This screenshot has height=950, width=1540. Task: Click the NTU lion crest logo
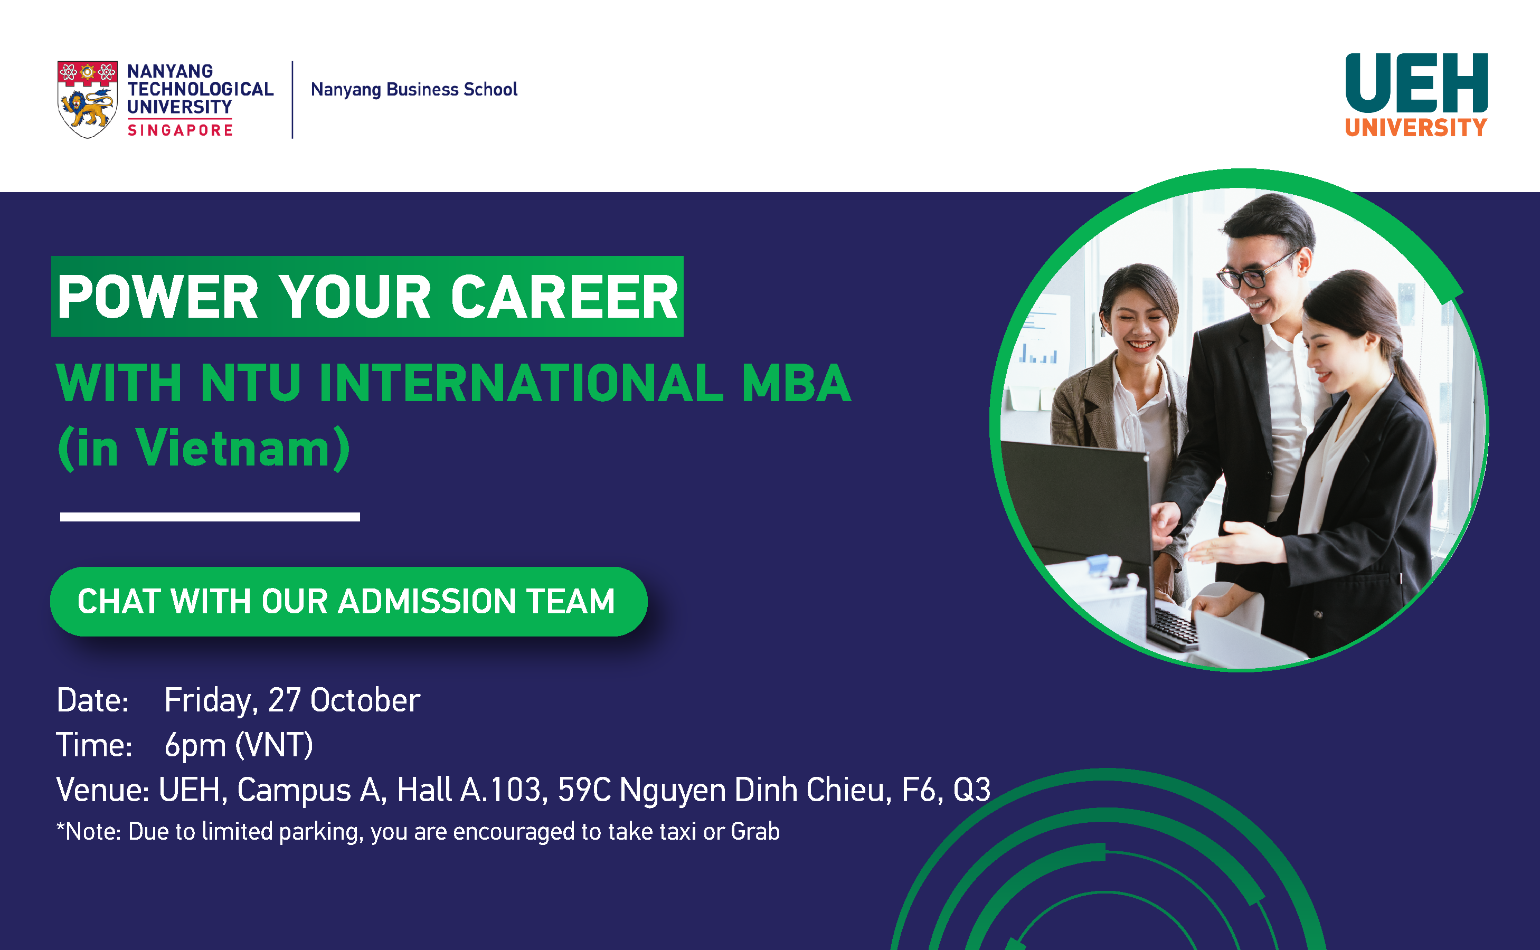[x=87, y=99]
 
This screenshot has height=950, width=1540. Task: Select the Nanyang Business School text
[x=414, y=89]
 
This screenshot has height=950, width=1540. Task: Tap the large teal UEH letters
[x=1416, y=83]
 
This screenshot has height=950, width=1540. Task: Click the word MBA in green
[x=796, y=383]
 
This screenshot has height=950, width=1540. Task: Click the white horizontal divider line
[x=210, y=517]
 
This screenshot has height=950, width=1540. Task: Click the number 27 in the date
[x=284, y=700]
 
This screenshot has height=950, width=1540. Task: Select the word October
[x=365, y=700]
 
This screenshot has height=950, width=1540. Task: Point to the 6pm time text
[x=195, y=745]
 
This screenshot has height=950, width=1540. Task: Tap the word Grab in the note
[x=755, y=831]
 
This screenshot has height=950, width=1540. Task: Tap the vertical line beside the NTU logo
[x=292, y=99]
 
